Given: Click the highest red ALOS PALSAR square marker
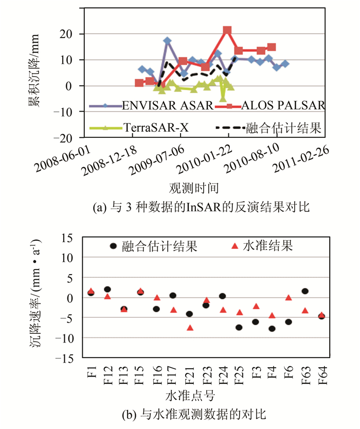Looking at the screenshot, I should click(227, 30).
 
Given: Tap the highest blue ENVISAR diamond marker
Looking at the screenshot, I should click(167, 41).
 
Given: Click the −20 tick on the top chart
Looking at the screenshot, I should click(71, 138).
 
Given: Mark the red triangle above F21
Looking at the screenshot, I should click(189, 328).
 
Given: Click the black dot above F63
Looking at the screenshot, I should click(305, 291).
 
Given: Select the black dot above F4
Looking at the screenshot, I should click(272, 328).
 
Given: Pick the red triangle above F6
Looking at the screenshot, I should click(289, 297).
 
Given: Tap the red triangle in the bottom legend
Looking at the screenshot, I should click(235, 246).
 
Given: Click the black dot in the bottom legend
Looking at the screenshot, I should click(114, 246).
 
